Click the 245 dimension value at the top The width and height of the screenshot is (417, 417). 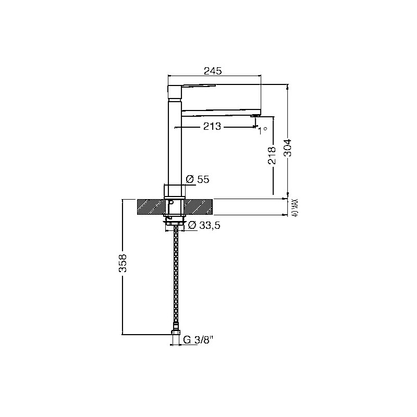[213, 71]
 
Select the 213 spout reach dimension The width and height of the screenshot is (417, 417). [212, 126]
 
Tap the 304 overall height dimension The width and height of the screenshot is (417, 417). [287, 148]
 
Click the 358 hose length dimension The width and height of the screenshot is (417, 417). [122, 263]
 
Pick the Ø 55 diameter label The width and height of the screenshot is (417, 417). [198, 179]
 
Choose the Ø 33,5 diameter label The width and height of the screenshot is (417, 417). [204, 226]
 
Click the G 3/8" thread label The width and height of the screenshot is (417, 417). [199, 340]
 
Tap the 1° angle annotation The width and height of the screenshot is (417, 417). [263, 130]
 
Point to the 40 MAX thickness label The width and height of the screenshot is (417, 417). [295, 207]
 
